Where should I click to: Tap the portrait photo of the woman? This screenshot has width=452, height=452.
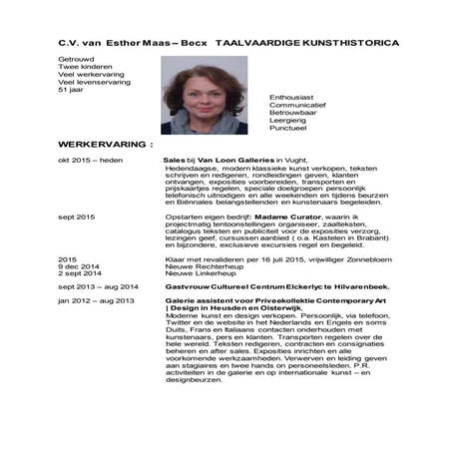[204, 95]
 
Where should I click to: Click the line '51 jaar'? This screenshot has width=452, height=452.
[72, 90]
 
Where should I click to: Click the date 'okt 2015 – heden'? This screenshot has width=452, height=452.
[90, 160]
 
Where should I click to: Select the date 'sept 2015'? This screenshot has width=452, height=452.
[77, 216]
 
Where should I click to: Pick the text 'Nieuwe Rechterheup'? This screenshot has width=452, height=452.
[198, 265]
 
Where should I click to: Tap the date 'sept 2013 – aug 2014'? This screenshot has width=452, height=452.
[96, 285]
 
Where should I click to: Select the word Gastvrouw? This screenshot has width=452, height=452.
[185, 285]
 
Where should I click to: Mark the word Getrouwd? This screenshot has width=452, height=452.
[76, 60]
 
